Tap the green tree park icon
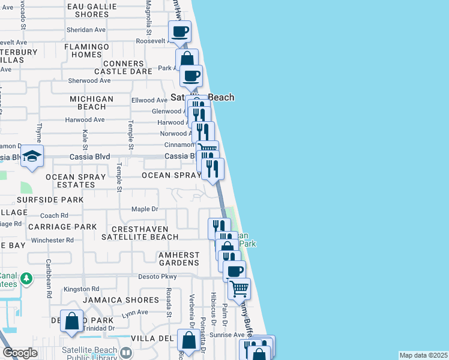click(x=26, y=279)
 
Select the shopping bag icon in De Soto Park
click(x=72, y=321)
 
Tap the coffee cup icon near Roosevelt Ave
click(x=179, y=31)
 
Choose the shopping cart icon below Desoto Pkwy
click(x=240, y=289)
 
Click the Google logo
click(x=20, y=352)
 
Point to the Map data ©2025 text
click(x=423, y=355)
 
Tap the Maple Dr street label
click(x=144, y=209)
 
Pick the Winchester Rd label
click(x=52, y=240)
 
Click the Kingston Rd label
click(x=80, y=289)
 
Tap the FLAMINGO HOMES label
click(x=86, y=50)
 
